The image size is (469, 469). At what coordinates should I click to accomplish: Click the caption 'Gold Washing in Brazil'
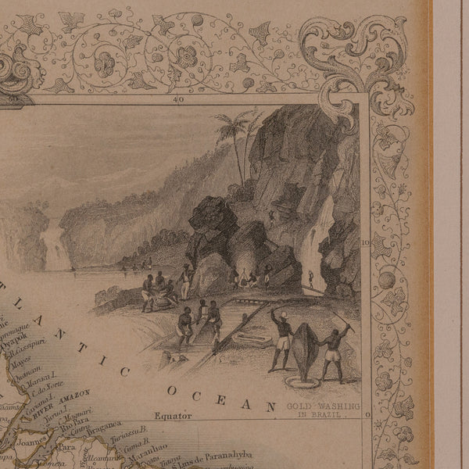pos(322,410)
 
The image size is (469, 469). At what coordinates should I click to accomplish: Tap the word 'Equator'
pos(174,417)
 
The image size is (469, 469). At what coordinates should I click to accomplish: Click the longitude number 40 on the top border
pos(179,99)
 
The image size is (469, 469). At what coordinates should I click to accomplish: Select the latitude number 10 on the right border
pos(365,242)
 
